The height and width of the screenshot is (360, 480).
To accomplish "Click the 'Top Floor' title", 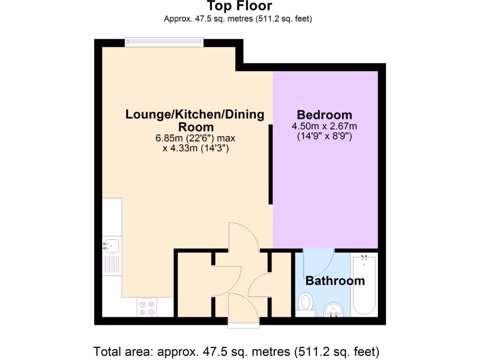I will pyautogui.click(x=240, y=6).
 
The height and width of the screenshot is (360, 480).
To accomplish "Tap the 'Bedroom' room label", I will pyautogui.click(x=324, y=114).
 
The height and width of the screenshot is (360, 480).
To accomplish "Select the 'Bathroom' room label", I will pyautogui.click(x=335, y=281).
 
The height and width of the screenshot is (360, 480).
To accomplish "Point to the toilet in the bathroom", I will pyautogui.click(x=306, y=302).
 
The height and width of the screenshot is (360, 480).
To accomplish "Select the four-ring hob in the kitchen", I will pyautogui.click(x=147, y=307).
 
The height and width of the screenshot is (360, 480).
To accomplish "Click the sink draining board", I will pyautogui.click(x=112, y=265).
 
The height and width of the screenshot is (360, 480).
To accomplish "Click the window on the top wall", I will pyautogui.click(x=164, y=43).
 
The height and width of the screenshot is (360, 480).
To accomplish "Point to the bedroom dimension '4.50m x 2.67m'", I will pyautogui.click(x=324, y=126).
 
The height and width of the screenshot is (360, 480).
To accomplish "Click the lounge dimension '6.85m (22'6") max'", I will pyautogui.click(x=195, y=139).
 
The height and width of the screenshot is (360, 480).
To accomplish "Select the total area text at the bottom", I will pyautogui.click(x=236, y=351).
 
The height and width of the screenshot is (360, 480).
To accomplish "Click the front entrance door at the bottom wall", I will pyautogui.click(x=243, y=309).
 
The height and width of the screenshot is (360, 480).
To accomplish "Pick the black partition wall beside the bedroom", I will pyautogui.click(x=270, y=164).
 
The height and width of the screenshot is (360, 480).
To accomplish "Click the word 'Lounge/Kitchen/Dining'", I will pyautogui.click(x=195, y=114).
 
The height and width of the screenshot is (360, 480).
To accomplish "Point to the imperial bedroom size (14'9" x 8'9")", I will pyautogui.click(x=324, y=137).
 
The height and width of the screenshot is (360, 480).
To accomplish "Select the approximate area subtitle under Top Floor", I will pyautogui.click(x=238, y=19).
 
